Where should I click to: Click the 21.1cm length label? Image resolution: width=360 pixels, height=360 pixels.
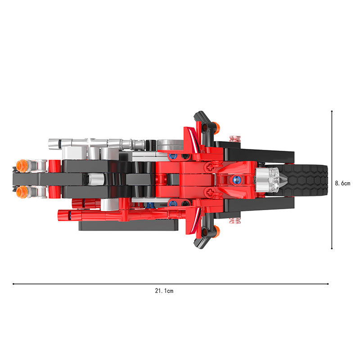(x=164, y=291)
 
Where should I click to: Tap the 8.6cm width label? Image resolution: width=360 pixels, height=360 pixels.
(x=342, y=183)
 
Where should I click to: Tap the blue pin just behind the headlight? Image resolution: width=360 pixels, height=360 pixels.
(x=236, y=180)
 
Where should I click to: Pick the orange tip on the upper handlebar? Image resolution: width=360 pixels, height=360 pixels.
(x=216, y=128)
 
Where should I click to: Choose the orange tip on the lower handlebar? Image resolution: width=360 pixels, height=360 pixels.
(x=216, y=231)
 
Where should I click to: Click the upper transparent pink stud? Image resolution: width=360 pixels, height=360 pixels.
(x=235, y=139)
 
